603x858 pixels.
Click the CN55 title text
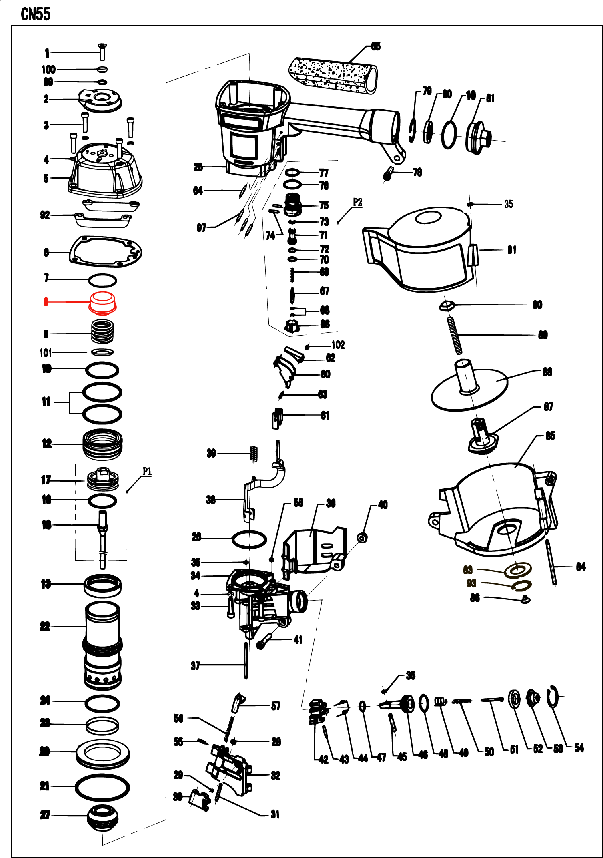click(x=36, y=14)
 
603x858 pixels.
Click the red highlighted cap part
click(x=102, y=303)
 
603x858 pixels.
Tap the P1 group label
click(x=147, y=472)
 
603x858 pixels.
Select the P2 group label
click(x=357, y=202)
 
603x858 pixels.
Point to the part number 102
click(x=338, y=345)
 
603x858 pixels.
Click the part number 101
click(x=46, y=353)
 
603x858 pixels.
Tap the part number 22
click(x=45, y=627)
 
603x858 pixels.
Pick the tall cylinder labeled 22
click(x=102, y=645)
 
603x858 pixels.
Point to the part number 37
click(x=195, y=666)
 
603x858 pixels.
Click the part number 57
click(x=276, y=706)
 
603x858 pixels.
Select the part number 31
click(x=275, y=814)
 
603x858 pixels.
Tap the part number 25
click(x=198, y=167)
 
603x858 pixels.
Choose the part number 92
click(x=45, y=215)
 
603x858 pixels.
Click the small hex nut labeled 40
click(x=362, y=538)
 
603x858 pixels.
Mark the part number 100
click(x=48, y=70)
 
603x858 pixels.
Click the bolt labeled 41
click(x=264, y=642)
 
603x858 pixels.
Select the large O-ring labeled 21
click(x=102, y=787)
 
